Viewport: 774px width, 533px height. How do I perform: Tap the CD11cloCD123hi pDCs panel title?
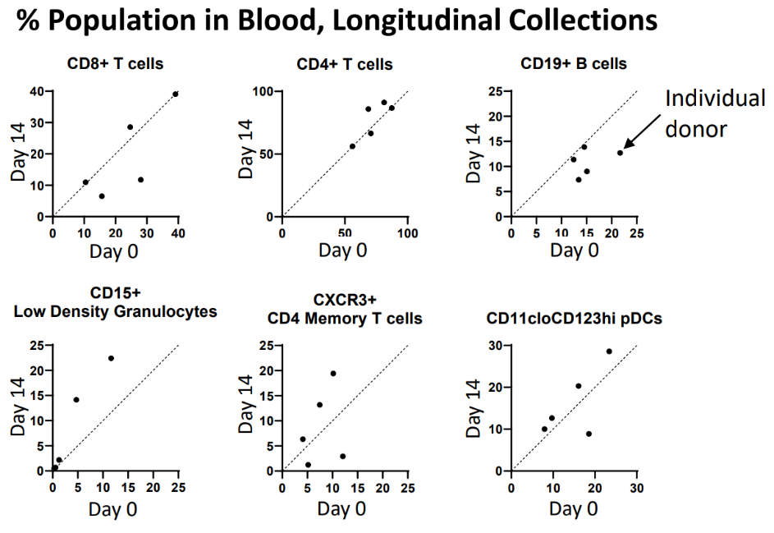point(574,319)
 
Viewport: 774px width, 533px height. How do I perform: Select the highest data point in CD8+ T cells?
point(176,94)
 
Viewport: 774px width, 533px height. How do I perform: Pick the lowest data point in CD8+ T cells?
point(102,196)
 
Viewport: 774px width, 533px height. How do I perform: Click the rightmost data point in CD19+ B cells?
point(620,152)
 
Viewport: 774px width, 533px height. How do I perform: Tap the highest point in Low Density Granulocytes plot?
point(111,358)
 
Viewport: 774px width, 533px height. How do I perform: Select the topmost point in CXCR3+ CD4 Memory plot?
point(333,373)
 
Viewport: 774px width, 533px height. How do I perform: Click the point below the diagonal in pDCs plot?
point(589,434)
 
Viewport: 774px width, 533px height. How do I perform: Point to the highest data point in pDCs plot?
point(609,352)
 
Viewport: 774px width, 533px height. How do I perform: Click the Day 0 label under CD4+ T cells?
point(344,250)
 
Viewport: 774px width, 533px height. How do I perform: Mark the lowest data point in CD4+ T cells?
point(352,146)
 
